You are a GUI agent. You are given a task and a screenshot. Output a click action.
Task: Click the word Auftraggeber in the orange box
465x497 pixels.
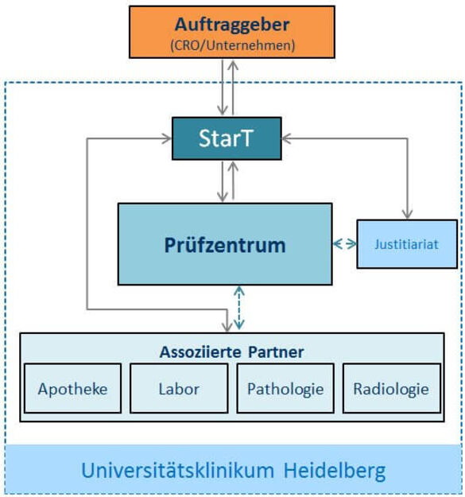[232, 25]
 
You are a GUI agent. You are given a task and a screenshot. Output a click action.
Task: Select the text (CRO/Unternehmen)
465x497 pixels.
[232, 45]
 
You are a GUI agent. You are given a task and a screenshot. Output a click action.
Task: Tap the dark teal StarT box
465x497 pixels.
[227, 138]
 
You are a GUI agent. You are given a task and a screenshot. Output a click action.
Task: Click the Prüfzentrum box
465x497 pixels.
[225, 244]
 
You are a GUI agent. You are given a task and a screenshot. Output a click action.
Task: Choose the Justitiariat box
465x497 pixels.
[407, 244]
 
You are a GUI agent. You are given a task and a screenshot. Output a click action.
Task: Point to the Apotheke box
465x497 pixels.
[72, 388]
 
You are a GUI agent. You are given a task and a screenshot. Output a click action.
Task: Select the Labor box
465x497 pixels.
[179, 388]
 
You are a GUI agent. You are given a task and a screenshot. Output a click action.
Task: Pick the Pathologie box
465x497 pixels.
[285, 388]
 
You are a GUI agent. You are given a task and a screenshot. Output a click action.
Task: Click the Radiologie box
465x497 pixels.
[392, 388]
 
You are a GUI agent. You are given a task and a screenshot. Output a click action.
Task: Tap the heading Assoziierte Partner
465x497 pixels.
[231, 352]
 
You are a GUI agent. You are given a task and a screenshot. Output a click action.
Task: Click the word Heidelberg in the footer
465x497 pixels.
[335, 471]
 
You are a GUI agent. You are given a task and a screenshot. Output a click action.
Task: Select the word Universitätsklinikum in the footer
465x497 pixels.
[178, 471]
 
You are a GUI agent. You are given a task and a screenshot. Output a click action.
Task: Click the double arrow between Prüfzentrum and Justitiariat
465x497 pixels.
[345, 244]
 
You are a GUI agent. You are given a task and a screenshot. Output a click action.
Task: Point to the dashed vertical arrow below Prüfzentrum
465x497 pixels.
[239, 308]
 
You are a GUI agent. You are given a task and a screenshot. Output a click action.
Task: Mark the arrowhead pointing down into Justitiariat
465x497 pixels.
[407, 213]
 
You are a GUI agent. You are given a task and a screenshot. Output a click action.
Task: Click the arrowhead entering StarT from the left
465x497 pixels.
[166, 138]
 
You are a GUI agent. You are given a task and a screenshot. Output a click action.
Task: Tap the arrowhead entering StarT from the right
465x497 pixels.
[287, 138]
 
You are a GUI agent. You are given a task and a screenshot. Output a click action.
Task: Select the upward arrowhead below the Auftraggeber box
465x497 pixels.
[233, 66]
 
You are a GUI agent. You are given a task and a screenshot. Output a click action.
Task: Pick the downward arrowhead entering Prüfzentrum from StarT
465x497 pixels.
[223, 196]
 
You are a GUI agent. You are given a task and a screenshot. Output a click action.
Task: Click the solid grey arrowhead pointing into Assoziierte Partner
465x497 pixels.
[227, 327]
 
